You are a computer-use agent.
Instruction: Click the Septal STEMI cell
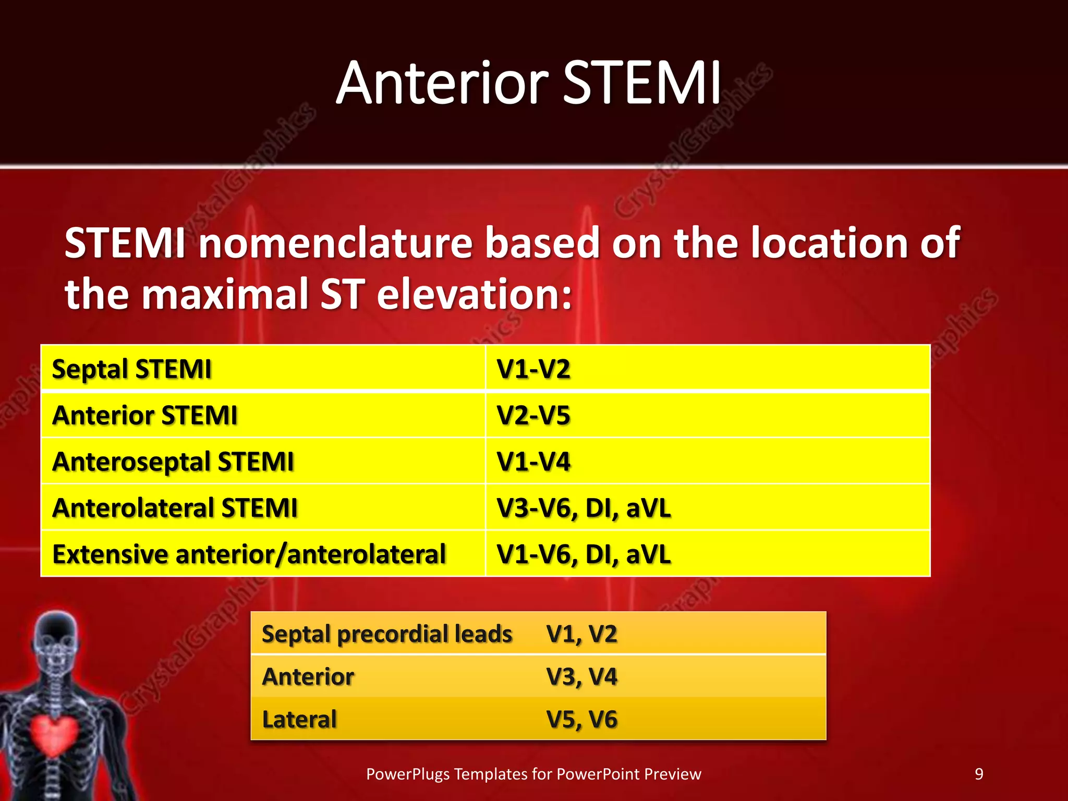point(132,369)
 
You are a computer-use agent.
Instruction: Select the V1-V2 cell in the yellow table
point(533,369)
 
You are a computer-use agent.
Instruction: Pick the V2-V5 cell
point(533,416)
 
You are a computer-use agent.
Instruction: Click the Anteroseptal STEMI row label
point(173,462)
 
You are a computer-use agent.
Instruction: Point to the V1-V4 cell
point(533,462)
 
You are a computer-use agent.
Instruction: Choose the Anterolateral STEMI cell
point(175,508)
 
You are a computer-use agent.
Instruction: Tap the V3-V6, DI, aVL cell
point(584,508)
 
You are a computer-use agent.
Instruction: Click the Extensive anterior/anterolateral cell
point(249,554)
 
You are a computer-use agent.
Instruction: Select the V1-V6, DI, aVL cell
point(584,554)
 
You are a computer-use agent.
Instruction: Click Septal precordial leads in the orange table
point(387,634)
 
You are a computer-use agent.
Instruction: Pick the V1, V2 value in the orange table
point(581,634)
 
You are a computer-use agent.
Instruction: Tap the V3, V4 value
point(581,677)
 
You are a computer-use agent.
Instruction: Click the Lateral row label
point(299,720)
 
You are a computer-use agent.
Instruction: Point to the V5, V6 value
point(581,720)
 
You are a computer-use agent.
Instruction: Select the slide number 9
point(979,774)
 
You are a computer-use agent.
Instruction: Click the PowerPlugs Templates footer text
point(533,774)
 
